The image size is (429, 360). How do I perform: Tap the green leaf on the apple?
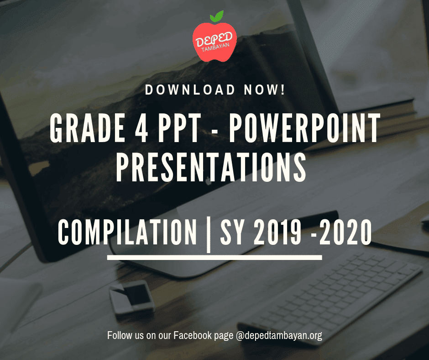coord(218,16)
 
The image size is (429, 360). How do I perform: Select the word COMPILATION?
coord(127,232)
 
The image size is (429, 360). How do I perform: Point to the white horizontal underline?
coord(214,258)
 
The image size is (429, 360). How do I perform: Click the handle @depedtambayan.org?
coord(279,336)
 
